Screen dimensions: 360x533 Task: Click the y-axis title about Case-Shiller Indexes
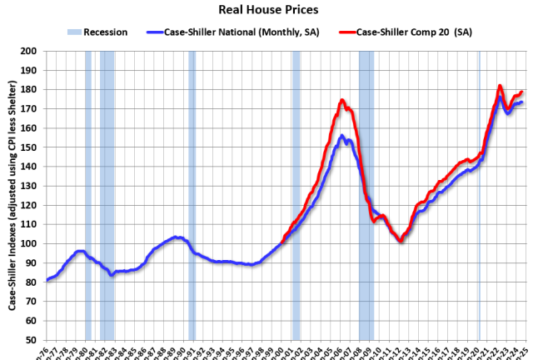click(12, 196)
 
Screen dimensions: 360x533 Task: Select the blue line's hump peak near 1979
click(80, 251)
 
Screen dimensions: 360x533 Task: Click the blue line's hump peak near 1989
click(176, 237)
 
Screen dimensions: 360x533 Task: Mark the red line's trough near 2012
click(401, 241)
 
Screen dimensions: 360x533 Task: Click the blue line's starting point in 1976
click(47, 280)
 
